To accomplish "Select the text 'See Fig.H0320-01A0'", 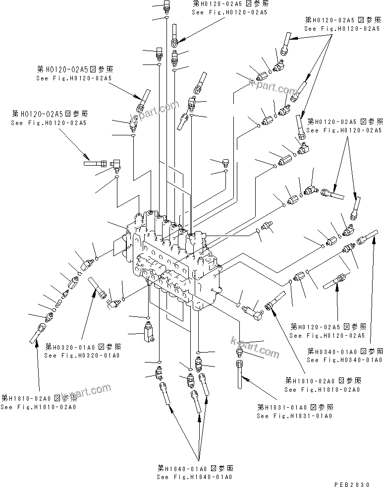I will (82, 355).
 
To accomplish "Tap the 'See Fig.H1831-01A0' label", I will (294, 416).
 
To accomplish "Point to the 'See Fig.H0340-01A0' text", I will (344, 360).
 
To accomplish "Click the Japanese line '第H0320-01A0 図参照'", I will (82, 347).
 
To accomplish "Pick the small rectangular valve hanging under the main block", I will (148, 332).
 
